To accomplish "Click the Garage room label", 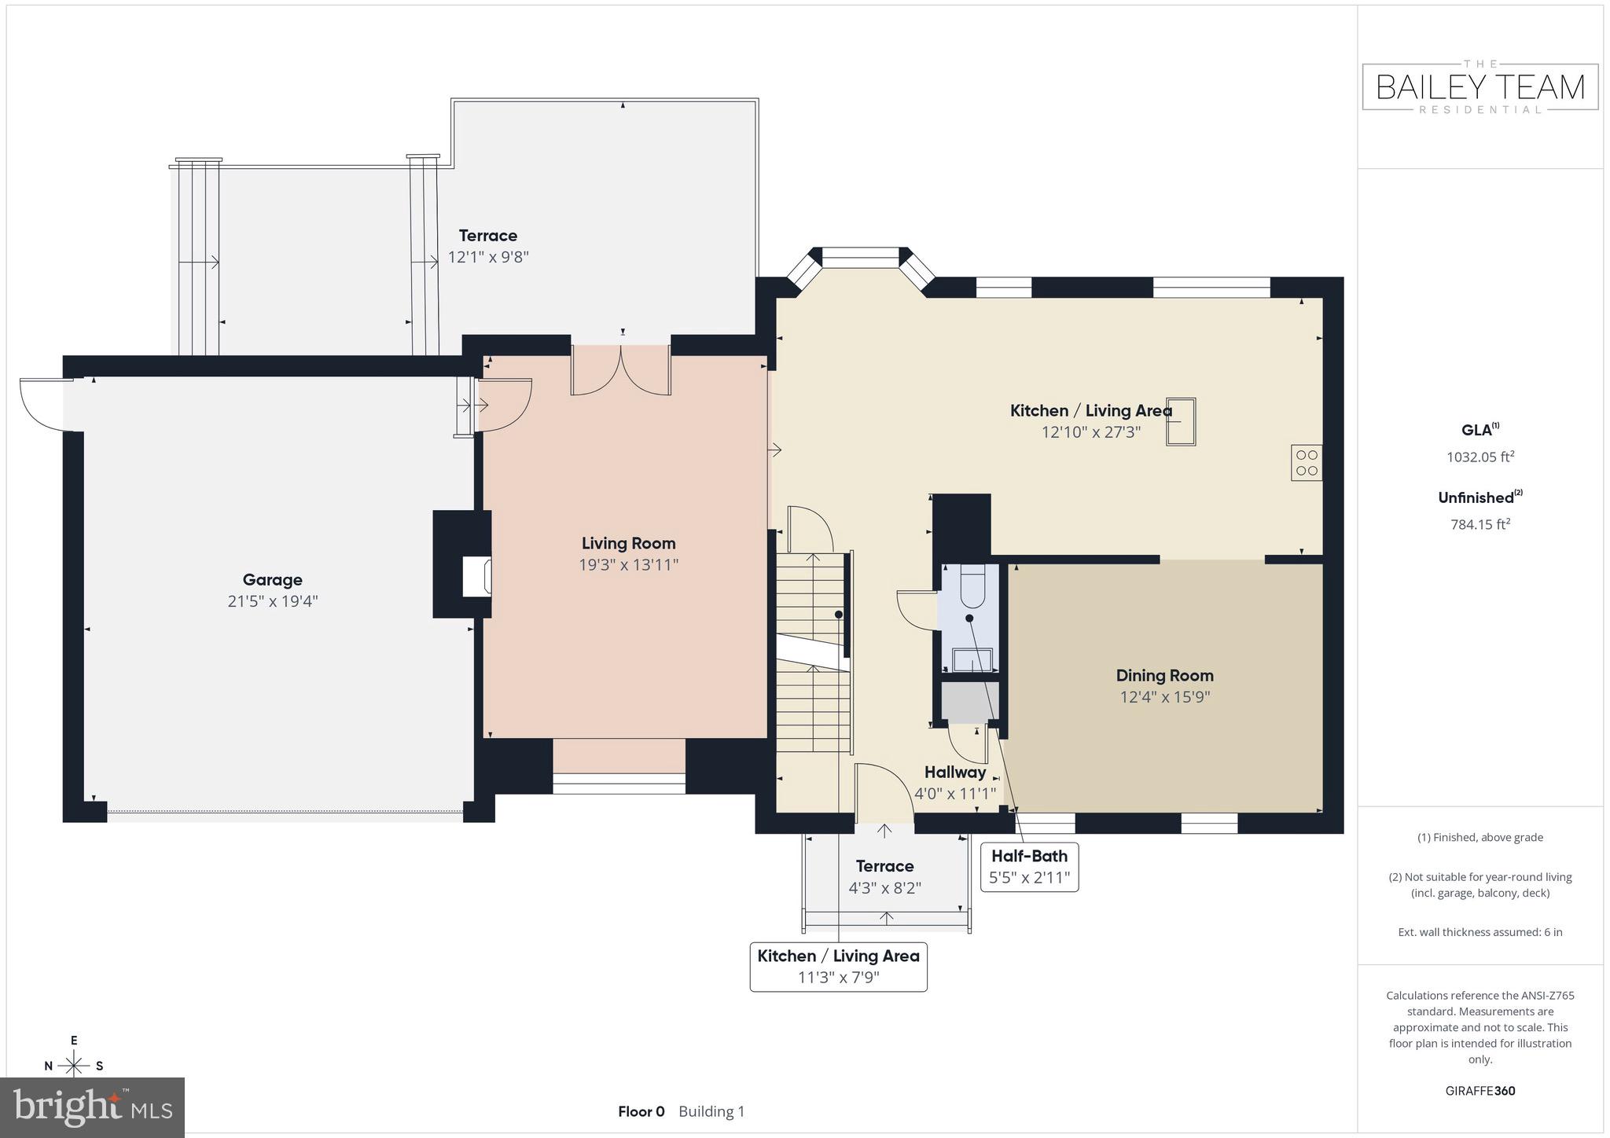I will (x=272, y=580).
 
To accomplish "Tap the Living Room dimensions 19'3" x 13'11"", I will (x=628, y=564).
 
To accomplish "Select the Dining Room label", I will (x=1164, y=675).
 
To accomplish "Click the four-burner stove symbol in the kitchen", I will (x=1306, y=462).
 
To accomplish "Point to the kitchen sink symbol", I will (x=1180, y=422).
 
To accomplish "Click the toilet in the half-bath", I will (x=972, y=587).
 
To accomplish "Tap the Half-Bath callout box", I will (x=1029, y=866).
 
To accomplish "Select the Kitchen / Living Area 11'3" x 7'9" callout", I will (x=838, y=967).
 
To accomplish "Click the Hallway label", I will (x=954, y=772).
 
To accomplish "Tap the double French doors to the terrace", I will (x=621, y=372).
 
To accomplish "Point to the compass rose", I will (x=74, y=1065).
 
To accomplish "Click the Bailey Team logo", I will (x=1480, y=87).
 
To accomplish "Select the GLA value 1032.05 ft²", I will (x=1480, y=457).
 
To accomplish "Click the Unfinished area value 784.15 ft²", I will (x=1480, y=524).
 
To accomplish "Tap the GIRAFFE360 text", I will (x=1480, y=1091).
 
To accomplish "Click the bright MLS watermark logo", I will (x=93, y=1107).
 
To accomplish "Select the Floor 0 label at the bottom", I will (x=641, y=1111).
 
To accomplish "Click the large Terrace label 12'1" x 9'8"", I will (x=488, y=246).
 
